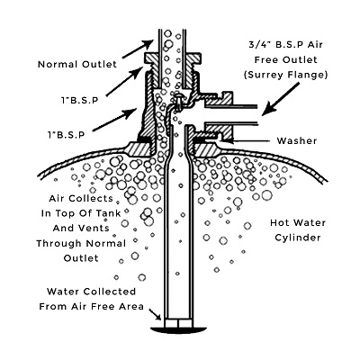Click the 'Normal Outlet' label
pos(77,64)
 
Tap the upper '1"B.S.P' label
pos(79,101)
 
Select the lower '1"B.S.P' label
pos(67,135)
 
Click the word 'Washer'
pos(297,140)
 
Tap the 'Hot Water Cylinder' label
pos(298,230)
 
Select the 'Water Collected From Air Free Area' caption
pos(92,299)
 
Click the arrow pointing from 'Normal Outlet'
pos(138,49)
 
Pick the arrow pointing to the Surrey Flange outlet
pos(281,99)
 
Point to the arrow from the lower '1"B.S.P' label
pos(114,120)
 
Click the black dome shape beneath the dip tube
pos(177,329)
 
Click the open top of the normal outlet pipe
pos(171,30)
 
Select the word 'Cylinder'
pos(298,238)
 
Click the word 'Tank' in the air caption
pos(108,213)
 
